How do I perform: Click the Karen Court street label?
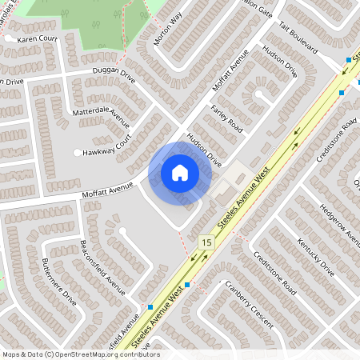coord(38,38)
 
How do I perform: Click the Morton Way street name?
coord(168,30)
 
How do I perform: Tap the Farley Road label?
coord(226,118)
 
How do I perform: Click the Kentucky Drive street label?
coord(314,256)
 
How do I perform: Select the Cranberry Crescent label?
coord(250,304)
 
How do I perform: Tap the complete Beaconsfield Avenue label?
coord(102,266)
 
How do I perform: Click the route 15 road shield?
coord(207,242)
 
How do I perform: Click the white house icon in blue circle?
coord(179,173)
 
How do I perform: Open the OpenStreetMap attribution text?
coord(81,354)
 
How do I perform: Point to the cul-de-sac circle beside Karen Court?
coord(10,38)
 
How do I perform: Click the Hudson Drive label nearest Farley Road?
coord(204,149)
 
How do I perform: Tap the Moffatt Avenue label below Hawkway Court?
coord(108,190)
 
